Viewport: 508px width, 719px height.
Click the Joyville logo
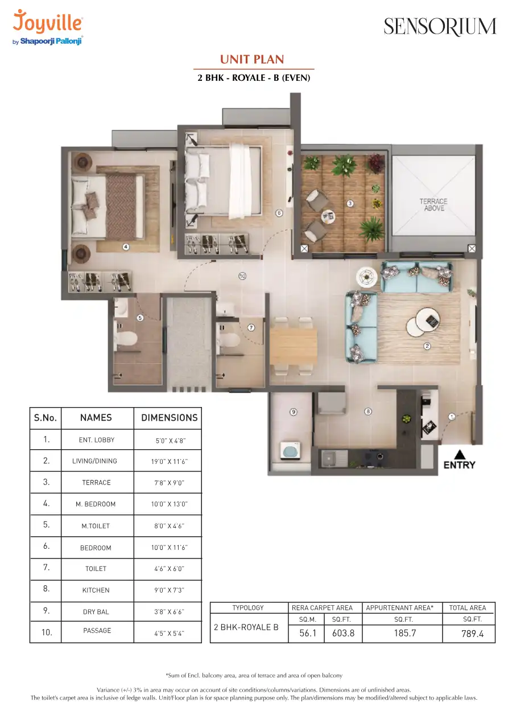(x=48, y=27)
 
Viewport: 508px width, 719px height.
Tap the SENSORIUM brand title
(x=440, y=26)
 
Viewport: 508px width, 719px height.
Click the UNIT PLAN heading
(x=252, y=59)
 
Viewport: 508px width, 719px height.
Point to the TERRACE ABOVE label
(x=433, y=204)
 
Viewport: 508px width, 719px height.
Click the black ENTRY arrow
(x=460, y=454)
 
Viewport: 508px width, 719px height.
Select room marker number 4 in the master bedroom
(x=126, y=247)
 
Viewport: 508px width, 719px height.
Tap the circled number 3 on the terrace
(x=350, y=203)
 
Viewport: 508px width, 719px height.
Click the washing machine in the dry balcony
(x=291, y=450)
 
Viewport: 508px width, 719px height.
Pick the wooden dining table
(x=293, y=346)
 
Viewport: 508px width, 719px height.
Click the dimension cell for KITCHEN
(x=168, y=590)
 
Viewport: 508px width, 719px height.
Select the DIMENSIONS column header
(x=170, y=418)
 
